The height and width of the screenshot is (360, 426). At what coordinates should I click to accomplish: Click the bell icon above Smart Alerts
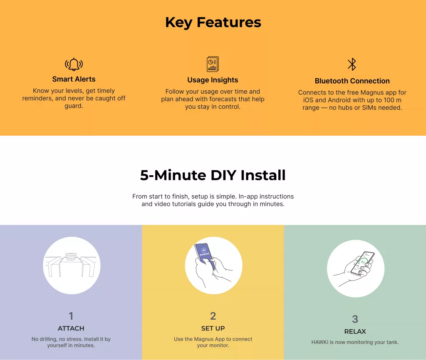[x=74, y=65]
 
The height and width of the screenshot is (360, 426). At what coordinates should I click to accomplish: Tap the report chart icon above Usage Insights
[x=213, y=64]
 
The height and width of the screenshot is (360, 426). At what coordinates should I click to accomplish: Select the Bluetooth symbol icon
[x=352, y=65]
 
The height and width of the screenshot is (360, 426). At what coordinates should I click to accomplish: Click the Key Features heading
[x=213, y=22]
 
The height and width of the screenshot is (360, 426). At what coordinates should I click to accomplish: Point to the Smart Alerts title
[x=74, y=79]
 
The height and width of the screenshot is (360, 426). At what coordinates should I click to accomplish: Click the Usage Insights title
[x=213, y=80]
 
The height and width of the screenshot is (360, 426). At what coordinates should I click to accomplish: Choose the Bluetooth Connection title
[x=352, y=81]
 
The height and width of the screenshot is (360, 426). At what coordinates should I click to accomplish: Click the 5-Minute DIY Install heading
[x=213, y=175]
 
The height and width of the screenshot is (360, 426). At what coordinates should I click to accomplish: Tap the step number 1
[x=71, y=316]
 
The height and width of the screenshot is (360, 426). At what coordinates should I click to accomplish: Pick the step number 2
[x=213, y=316]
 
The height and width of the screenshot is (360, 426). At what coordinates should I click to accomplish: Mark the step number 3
[x=355, y=319]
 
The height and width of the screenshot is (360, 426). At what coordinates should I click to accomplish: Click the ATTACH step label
[x=71, y=328]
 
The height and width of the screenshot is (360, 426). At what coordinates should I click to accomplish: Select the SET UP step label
[x=213, y=328]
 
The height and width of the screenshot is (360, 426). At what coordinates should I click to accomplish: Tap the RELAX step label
[x=355, y=331]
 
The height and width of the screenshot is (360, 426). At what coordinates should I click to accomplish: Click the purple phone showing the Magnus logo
[x=205, y=256]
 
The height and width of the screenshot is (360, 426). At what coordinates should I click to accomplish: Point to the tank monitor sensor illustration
[x=71, y=256]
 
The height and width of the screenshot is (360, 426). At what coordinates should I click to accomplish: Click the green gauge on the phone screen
[x=363, y=262]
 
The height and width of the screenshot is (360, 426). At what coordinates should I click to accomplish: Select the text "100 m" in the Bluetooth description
[x=392, y=100]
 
